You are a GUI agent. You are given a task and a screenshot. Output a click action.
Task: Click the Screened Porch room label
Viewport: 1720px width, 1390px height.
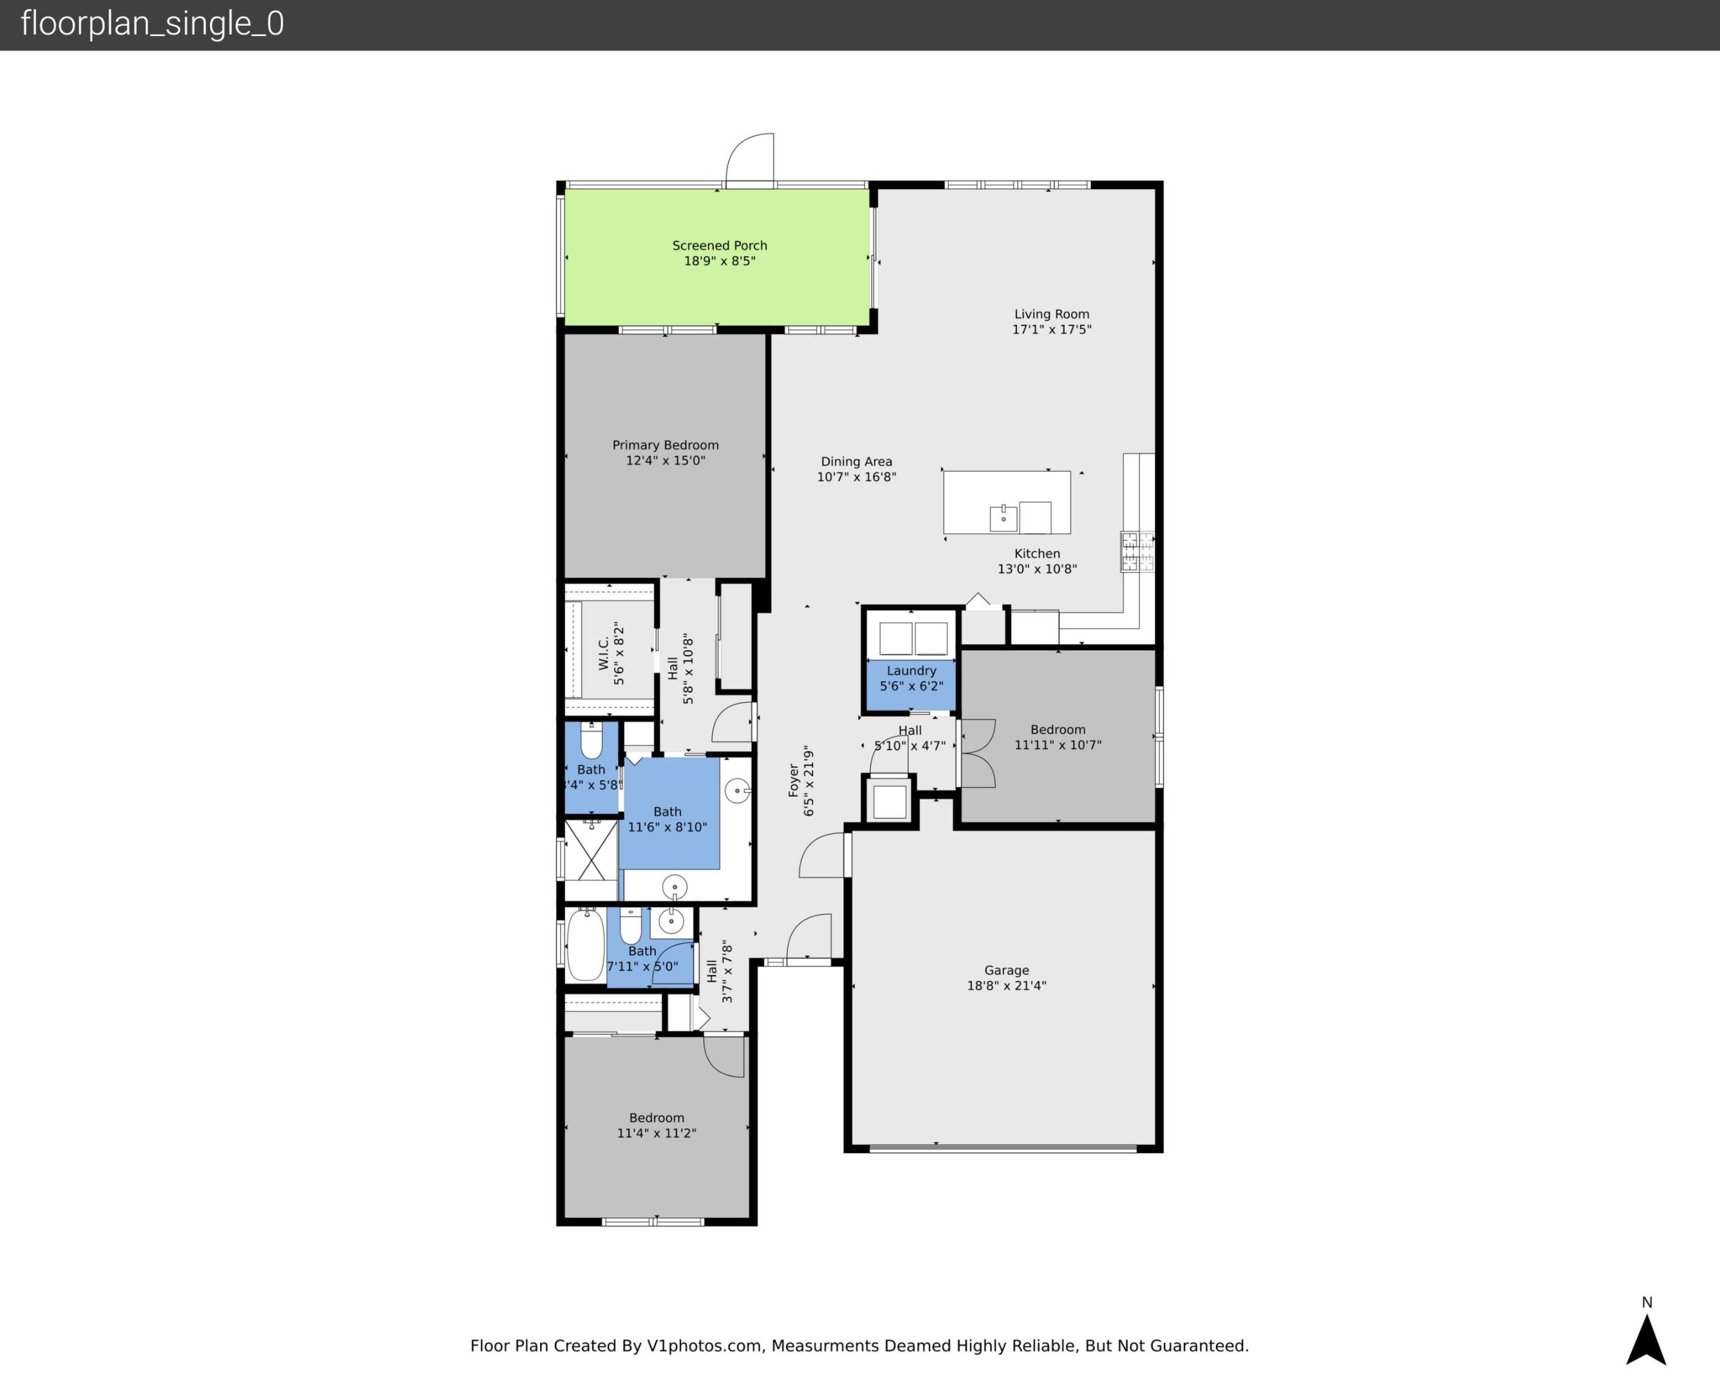(719, 246)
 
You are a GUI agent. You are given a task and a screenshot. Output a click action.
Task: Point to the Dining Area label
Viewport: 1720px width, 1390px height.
(856, 462)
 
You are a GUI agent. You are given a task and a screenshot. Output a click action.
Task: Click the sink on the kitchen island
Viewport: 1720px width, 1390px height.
(1004, 518)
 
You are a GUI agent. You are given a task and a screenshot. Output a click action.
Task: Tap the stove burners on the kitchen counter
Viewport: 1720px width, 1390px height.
(1137, 551)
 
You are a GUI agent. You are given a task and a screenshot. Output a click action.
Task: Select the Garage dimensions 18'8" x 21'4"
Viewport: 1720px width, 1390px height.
(1007, 986)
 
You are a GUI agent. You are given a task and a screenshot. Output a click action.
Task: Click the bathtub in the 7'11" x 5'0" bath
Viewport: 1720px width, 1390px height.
(586, 945)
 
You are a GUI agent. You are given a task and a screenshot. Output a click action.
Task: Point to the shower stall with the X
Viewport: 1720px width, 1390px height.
(591, 849)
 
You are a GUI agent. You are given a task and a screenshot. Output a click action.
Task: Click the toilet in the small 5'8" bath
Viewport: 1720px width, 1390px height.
(591, 741)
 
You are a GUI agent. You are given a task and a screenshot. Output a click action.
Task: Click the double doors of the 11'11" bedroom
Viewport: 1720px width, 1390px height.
(977, 753)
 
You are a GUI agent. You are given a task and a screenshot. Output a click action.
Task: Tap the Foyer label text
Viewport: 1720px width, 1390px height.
(794, 781)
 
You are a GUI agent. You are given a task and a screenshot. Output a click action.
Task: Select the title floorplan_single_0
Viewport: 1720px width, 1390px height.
(152, 24)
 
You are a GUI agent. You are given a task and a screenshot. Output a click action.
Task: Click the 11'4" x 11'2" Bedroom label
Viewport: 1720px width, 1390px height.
(656, 1118)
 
